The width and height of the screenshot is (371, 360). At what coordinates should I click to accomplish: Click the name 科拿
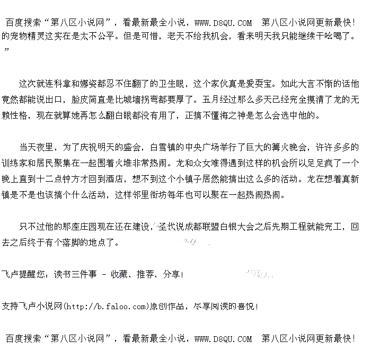[x=62, y=84]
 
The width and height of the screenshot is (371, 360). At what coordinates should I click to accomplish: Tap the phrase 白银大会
[x=223, y=227]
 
